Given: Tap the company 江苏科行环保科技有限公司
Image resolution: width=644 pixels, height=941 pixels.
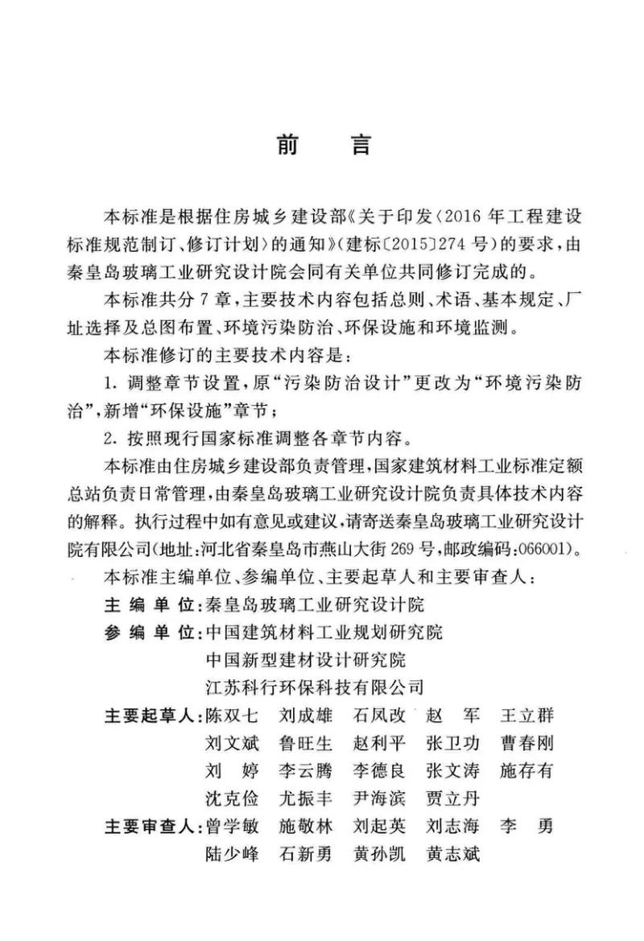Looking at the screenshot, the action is click(314, 687).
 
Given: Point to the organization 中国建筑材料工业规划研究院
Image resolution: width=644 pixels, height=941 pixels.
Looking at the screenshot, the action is click(324, 632).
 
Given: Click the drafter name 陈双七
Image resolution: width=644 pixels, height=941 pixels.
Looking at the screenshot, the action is click(232, 716).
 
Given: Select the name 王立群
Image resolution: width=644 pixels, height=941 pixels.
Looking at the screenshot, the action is click(527, 716).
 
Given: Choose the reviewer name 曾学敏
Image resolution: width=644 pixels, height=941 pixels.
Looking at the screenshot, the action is click(232, 827).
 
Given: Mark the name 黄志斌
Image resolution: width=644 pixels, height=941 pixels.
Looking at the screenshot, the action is click(452, 854).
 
